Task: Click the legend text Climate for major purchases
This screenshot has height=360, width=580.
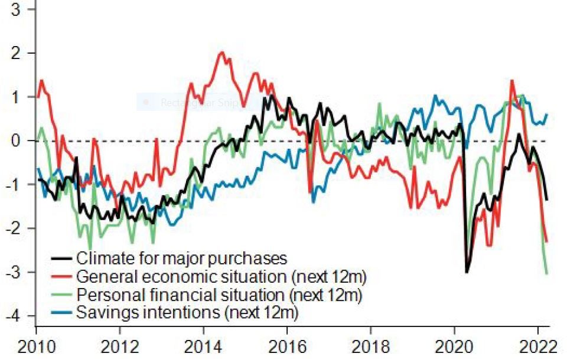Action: (x=182, y=258)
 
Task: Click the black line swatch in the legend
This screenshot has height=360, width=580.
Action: (x=62, y=258)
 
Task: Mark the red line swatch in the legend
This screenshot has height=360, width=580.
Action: (x=62, y=276)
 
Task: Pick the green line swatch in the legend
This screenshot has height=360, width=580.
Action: (x=62, y=294)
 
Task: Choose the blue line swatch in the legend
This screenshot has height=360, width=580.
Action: (x=62, y=312)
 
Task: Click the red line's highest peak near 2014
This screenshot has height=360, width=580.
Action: (x=221, y=53)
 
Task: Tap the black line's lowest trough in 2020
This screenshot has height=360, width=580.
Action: (x=467, y=272)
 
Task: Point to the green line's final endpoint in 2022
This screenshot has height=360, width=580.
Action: (x=546, y=273)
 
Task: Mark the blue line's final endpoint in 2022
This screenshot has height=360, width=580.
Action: (x=546, y=114)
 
